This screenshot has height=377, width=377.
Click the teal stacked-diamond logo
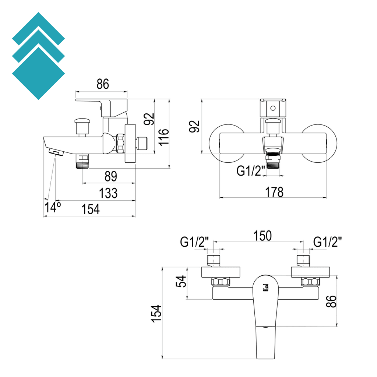tap(38, 56)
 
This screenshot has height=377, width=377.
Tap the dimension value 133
tap(108, 193)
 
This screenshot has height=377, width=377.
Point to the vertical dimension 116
tap(164, 137)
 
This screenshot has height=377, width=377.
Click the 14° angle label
tap(52, 207)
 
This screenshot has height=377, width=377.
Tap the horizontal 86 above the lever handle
tap(103, 84)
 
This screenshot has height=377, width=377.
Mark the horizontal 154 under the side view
tap(90, 209)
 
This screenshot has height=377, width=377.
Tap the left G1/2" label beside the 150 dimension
tap(194, 242)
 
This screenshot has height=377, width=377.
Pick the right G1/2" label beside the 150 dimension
tap(327, 242)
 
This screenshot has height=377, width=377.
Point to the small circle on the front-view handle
tap(273, 108)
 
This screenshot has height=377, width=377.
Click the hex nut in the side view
tap(120, 143)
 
